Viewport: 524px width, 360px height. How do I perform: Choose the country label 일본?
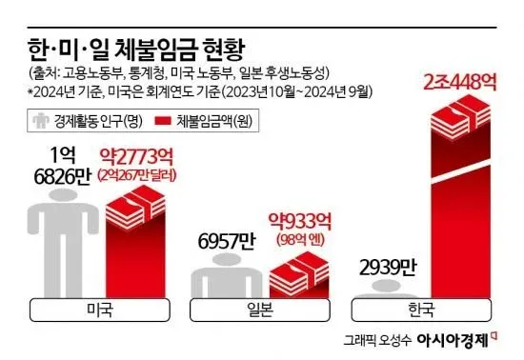point(261,309)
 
